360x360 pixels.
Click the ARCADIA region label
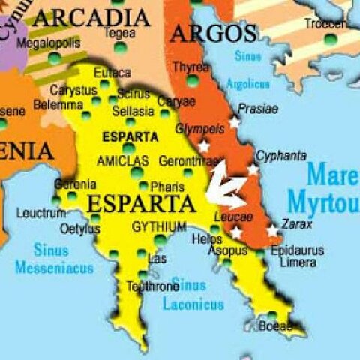coord(91,16)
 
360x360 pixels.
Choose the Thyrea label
coord(190,67)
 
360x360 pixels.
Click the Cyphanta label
coord(280,155)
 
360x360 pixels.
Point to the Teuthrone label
coord(151,286)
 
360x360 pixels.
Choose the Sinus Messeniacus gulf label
coord(53,258)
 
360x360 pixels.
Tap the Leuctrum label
coord(42,214)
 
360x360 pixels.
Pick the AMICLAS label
coord(122,160)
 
